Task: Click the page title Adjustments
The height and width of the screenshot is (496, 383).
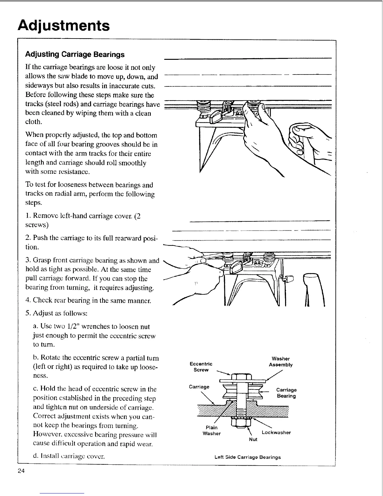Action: [64, 25]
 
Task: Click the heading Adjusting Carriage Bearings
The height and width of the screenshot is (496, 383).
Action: [74, 54]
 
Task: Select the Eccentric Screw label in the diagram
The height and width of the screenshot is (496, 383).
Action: [201, 367]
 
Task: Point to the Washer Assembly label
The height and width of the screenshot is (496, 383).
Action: [281, 362]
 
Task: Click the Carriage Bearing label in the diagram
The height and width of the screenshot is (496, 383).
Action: [286, 393]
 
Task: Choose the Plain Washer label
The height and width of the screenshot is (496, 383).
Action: [212, 431]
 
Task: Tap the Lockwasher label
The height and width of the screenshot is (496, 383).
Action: [276, 432]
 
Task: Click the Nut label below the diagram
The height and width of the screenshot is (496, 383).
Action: [253, 439]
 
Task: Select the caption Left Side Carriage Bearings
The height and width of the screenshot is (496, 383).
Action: [248, 457]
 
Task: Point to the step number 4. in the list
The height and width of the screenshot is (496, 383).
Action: [28, 301]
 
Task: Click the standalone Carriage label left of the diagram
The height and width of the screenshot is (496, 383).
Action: [199, 387]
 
